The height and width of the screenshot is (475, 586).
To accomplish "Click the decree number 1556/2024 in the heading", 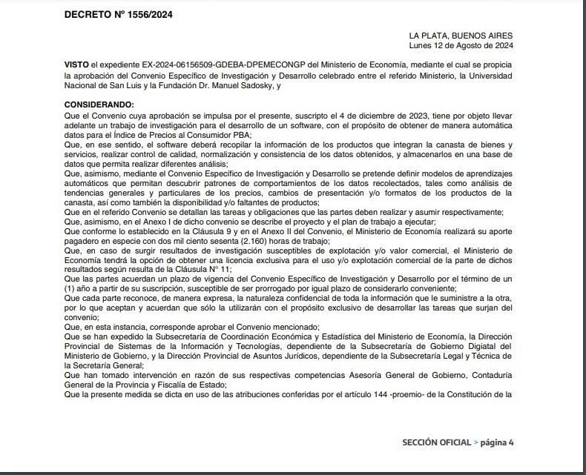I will [152, 14].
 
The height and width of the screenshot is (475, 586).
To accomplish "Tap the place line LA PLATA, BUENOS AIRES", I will [460, 36].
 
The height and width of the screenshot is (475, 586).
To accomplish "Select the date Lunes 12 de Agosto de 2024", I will [462, 45].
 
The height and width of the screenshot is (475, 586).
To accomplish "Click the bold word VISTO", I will [76, 65].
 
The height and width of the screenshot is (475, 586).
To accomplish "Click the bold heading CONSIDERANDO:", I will [99, 105].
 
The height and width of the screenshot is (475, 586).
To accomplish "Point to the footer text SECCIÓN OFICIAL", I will [436, 442].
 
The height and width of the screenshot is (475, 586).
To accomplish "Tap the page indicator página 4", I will [497, 442].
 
